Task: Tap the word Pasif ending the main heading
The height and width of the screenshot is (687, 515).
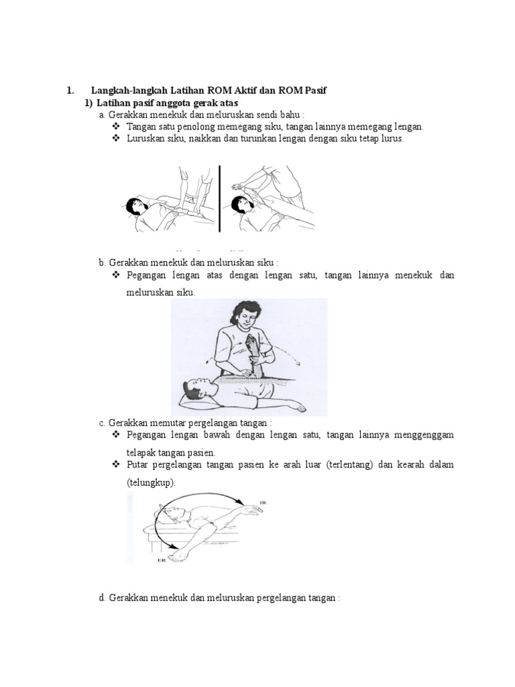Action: pyautogui.click(x=311, y=91)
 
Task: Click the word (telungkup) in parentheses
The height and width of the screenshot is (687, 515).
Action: pyautogui.click(x=151, y=482)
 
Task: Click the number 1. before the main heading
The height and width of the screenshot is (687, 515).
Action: pyautogui.click(x=68, y=91)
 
